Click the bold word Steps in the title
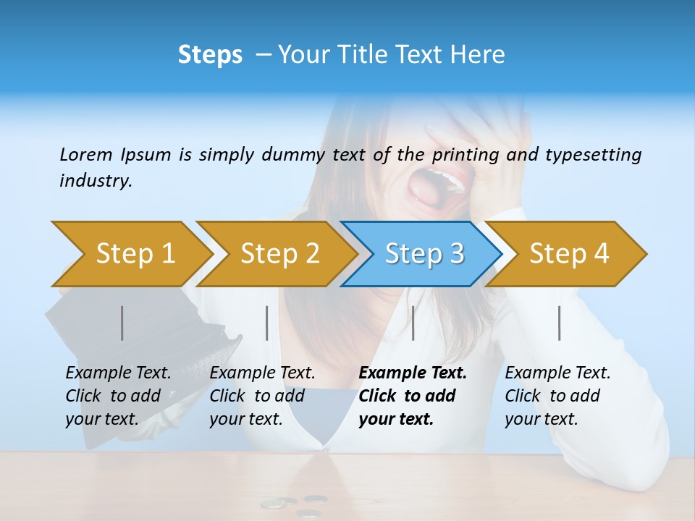(210, 55)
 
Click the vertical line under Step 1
(122, 323)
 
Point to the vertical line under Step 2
(267, 323)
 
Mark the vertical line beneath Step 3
(413, 323)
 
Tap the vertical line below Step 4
(559, 323)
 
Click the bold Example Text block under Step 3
(411, 396)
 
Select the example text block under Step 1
(118, 396)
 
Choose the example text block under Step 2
(262, 396)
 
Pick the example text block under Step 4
(557, 396)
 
